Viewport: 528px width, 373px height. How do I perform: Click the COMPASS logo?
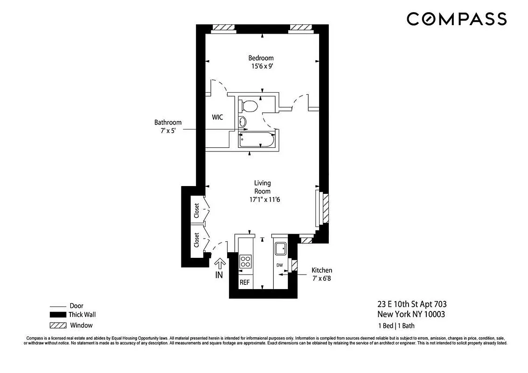(456, 19)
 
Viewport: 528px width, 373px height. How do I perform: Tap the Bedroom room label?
(261, 58)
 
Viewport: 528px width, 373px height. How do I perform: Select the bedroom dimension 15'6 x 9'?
(261, 66)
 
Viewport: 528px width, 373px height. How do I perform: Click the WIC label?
(217, 117)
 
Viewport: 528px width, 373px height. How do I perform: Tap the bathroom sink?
(243, 122)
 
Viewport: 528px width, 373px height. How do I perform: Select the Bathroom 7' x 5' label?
(168, 126)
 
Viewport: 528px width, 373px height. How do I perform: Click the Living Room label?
(262, 187)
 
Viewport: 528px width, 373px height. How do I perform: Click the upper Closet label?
(197, 210)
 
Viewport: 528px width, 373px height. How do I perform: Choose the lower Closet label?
(197, 240)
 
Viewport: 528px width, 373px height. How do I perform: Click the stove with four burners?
(245, 261)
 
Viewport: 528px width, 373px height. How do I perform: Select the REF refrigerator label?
(245, 283)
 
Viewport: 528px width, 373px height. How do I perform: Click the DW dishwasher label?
(280, 265)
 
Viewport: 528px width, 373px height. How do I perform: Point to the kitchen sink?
(281, 249)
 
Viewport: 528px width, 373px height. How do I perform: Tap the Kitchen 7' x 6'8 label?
(322, 274)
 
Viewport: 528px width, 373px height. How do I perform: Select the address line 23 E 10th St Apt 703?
(408, 304)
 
